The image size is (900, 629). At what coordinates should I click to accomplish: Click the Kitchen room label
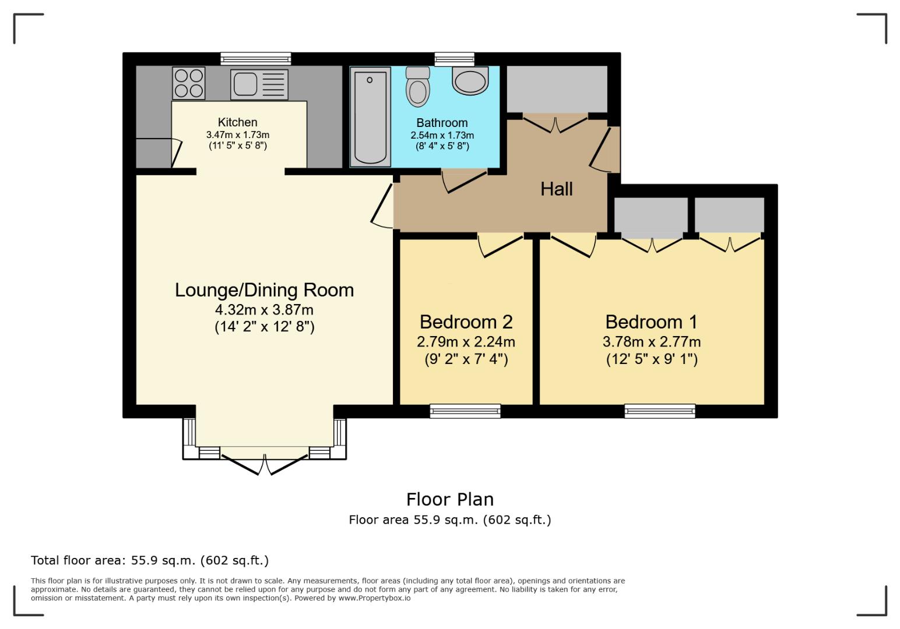[x=237, y=122]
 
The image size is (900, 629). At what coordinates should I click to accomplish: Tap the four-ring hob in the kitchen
[x=189, y=83]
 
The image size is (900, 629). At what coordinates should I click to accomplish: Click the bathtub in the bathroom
[x=370, y=117]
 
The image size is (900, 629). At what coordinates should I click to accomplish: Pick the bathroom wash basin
[x=470, y=81]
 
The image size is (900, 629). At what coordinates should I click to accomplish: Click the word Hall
[x=556, y=189]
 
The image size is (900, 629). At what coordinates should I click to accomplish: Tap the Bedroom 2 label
[x=466, y=322]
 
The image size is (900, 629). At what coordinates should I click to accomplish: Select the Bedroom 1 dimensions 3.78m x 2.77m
[x=651, y=342]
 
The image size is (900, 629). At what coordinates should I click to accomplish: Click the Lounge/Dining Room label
[x=264, y=290]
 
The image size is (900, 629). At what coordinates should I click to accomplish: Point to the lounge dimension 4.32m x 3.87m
[x=264, y=310]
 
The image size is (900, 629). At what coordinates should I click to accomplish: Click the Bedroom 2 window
[x=465, y=411]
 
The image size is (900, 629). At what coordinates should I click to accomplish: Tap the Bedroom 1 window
[x=660, y=411]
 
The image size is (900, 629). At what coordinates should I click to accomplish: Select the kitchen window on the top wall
[x=255, y=58]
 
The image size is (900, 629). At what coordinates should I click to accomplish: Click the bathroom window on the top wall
[x=454, y=58]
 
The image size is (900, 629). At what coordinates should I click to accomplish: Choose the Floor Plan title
[x=449, y=499]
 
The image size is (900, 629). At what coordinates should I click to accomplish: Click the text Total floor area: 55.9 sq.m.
[x=149, y=560]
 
